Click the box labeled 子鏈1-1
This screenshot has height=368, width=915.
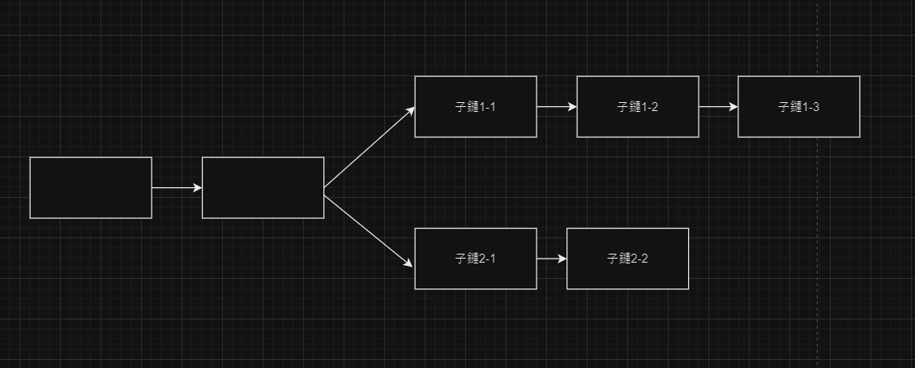point(476,106)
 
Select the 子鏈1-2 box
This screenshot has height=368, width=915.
point(638,106)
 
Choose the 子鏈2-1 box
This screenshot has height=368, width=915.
point(476,259)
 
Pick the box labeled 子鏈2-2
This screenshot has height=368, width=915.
point(627,259)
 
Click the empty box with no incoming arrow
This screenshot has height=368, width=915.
point(91,187)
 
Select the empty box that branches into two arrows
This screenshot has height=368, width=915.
point(263,187)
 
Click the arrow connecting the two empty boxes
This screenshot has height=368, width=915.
point(177,188)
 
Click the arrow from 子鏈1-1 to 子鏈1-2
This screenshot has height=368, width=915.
point(556,106)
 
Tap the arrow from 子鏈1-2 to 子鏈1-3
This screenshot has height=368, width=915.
point(718,106)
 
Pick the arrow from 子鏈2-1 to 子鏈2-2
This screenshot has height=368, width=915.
point(551,259)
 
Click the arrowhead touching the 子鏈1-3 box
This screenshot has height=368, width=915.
point(733,106)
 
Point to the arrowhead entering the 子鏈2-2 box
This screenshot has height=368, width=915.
point(562,259)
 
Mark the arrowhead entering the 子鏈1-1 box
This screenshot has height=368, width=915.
point(410,110)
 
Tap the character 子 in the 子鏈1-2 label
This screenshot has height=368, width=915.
point(622,107)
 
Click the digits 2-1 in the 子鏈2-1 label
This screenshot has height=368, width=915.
point(487,259)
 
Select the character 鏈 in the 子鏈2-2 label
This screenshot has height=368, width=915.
point(622,259)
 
